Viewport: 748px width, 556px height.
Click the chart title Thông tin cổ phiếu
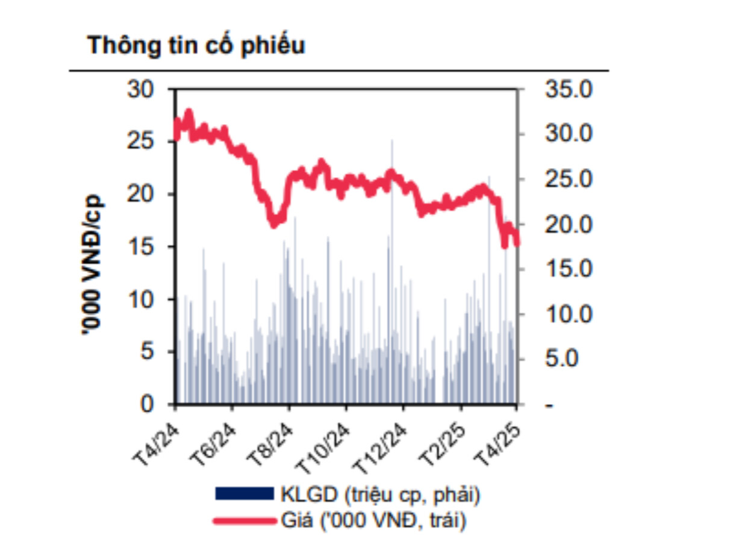pos(196,46)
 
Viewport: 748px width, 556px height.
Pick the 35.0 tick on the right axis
pos(569,89)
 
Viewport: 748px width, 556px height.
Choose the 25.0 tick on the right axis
pos(569,180)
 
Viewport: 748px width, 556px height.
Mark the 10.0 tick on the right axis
pos(569,314)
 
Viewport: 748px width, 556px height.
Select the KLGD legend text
pos(380,495)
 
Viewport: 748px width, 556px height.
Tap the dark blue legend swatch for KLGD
pos(245,495)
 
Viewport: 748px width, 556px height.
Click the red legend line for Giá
pos(245,520)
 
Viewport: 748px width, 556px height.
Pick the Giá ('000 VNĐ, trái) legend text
pos(373,520)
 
